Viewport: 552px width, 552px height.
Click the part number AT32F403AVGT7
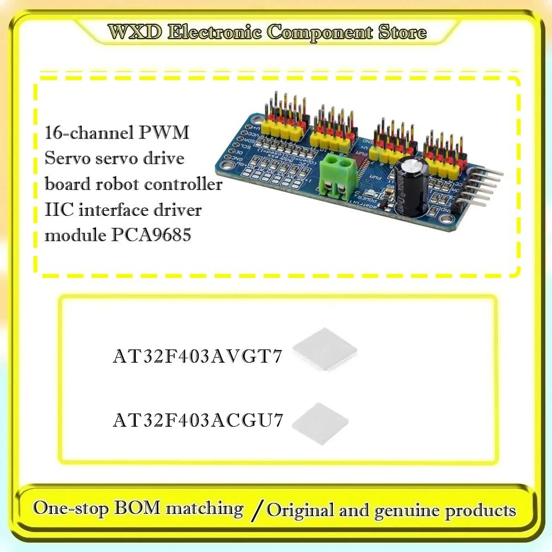click(x=198, y=357)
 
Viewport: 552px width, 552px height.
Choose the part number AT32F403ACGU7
click(x=198, y=421)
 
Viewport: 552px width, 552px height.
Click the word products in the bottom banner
click(x=481, y=509)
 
